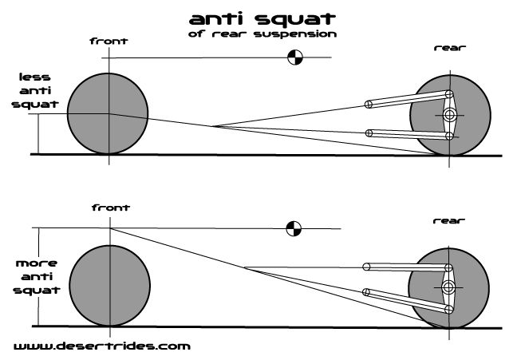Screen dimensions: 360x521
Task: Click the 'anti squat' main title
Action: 262,18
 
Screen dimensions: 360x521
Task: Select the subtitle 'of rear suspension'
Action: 262,34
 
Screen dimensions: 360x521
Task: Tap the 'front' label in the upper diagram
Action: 109,40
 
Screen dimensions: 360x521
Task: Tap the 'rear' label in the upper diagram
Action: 450,48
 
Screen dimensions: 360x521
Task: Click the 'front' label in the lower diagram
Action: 110,207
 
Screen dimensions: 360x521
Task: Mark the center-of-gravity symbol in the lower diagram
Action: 294,229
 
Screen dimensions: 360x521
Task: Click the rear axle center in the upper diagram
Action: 450,116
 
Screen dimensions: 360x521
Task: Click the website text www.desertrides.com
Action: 102,346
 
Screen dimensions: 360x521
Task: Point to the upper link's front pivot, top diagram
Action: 368,103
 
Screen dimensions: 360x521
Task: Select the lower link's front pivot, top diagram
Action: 368,132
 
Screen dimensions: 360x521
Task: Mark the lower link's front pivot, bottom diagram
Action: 367,291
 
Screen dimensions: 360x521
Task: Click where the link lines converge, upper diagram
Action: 212,126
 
